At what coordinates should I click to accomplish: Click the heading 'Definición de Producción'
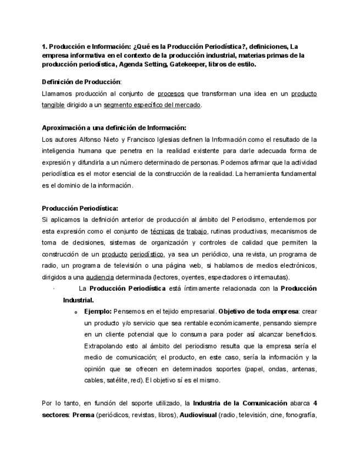[x=81, y=82]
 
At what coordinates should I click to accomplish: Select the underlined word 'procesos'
[x=170, y=94]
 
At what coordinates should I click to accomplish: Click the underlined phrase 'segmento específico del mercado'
[x=152, y=105]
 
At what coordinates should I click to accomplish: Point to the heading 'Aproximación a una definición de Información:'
[x=114, y=128]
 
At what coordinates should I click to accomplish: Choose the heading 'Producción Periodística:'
[x=80, y=208]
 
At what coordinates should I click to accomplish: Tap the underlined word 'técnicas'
[x=163, y=231]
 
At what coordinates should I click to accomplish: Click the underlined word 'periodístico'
[x=147, y=254]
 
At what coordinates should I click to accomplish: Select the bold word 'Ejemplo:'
[x=98, y=312]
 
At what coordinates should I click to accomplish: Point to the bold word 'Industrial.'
[x=78, y=300]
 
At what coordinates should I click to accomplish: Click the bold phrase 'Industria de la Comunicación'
[x=240, y=403]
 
